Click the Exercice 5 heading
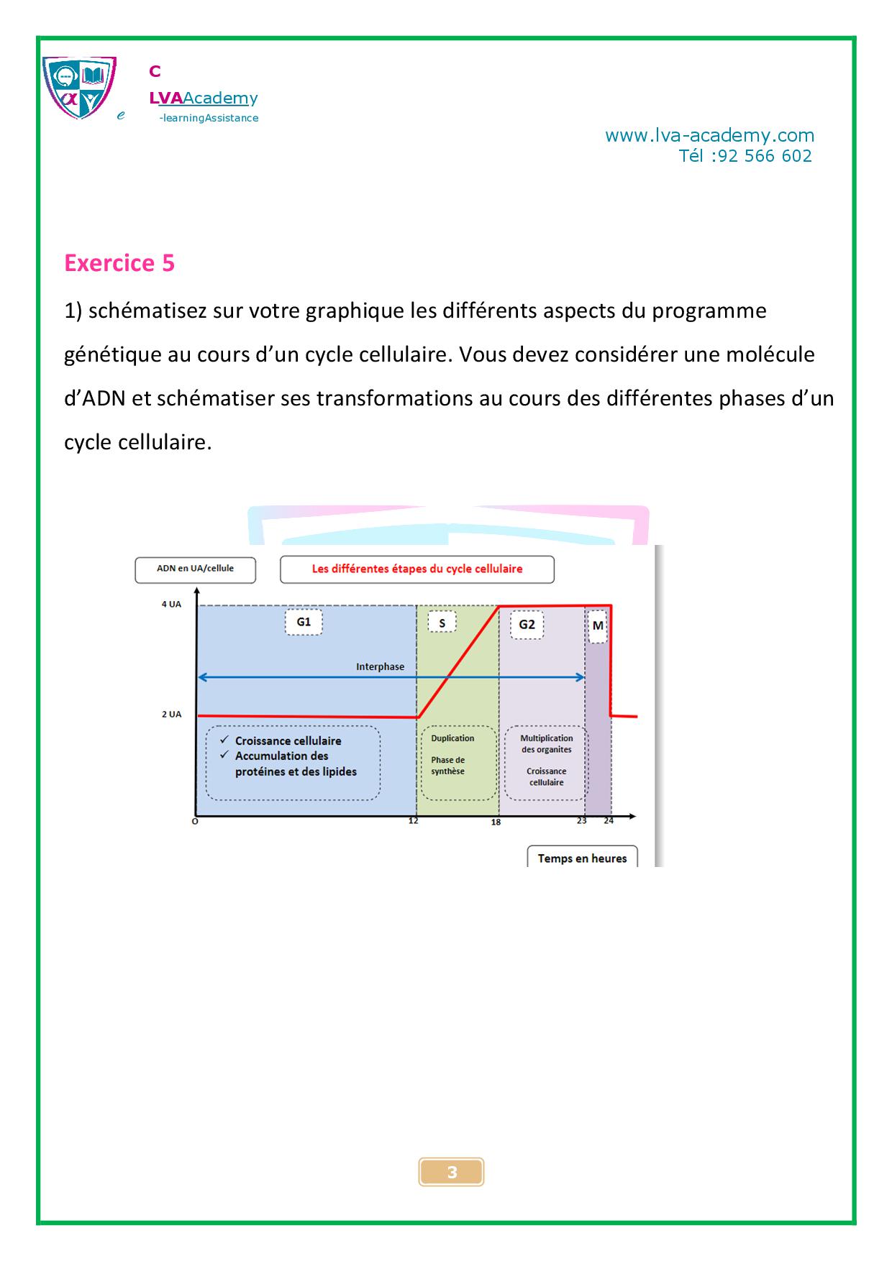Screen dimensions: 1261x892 [x=119, y=263]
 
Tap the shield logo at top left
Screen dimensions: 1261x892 [x=78, y=87]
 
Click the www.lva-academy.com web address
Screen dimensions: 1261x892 [x=709, y=135]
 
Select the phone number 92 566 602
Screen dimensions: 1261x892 [x=765, y=156]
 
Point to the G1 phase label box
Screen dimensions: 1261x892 [x=304, y=622]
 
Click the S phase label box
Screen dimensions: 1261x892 [x=442, y=623]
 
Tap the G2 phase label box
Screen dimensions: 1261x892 [x=527, y=624]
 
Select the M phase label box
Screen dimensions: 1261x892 [x=598, y=625]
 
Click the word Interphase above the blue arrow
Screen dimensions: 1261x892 [x=380, y=666]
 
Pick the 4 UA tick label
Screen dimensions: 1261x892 [x=171, y=605]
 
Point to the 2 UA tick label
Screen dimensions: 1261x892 [x=171, y=714]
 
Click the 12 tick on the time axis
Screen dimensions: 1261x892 [x=414, y=821]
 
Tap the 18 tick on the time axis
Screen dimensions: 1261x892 [x=496, y=822]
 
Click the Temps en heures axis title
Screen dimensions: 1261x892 [x=582, y=858]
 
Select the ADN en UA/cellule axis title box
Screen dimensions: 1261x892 [x=195, y=569]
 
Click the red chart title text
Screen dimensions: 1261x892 [x=417, y=569]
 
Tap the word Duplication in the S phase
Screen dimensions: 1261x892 [x=452, y=738]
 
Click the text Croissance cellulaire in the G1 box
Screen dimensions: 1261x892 [x=288, y=740]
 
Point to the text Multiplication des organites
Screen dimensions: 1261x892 [x=547, y=743]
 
